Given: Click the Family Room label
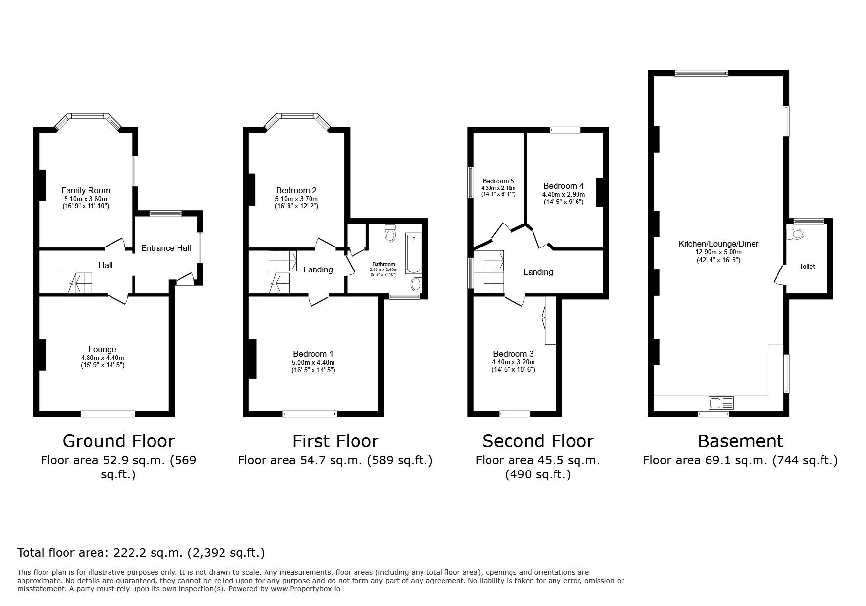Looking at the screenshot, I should click(86, 190).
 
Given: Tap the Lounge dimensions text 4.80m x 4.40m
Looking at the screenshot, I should click(102, 358).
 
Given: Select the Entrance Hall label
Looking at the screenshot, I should click(166, 248).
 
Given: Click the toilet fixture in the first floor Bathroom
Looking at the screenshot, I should click(390, 234).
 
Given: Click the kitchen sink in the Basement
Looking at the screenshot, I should click(721, 404).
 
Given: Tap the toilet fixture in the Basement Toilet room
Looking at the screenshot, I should click(797, 234).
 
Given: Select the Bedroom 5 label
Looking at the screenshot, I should click(498, 181).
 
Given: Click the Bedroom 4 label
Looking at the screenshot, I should click(563, 186).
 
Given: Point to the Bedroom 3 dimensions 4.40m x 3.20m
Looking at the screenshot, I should click(513, 362).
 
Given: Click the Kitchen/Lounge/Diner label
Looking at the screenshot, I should click(718, 244).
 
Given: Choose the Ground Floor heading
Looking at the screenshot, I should click(118, 441).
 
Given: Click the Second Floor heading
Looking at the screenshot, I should click(537, 441).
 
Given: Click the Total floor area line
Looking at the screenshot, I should click(141, 553).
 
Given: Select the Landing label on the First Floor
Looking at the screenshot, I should click(318, 269).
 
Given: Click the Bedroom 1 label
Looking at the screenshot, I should click(313, 354).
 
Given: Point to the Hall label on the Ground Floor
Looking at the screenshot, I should click(105, 265).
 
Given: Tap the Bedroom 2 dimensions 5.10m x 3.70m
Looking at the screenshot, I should click(296, 199).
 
